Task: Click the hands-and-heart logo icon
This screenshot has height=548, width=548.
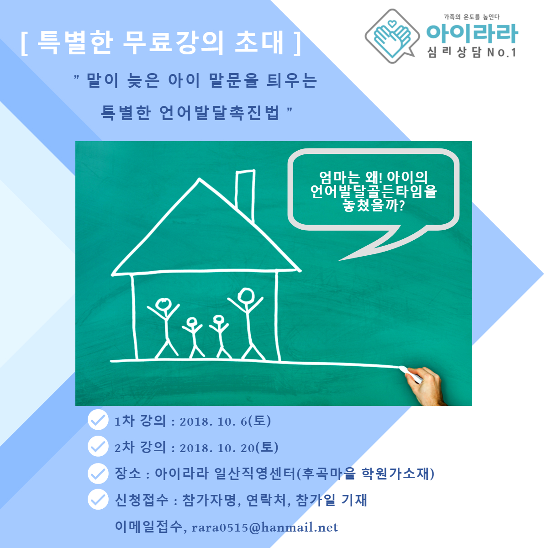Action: pos(392,36)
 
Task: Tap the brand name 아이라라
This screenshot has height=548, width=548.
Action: pos(472,34)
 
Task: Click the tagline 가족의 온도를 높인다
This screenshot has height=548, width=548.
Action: pos(471,17)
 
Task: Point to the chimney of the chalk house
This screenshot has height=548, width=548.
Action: pos(245,195)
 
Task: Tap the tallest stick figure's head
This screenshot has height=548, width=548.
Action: pos(246,296)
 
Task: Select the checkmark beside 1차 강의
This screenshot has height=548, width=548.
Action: pos(98,420)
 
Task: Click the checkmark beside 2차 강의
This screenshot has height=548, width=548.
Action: pos(98,446)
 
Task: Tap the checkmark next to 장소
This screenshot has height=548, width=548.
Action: pos(98,473)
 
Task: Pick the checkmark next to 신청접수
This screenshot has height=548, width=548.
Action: pos(98,500)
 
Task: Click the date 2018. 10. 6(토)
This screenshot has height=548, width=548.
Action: pos(225,421)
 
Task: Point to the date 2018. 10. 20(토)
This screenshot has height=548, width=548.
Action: pos(229,448)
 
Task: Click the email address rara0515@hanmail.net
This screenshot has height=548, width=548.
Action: pos(265,528)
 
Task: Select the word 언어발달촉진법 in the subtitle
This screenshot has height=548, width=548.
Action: pos(219,113)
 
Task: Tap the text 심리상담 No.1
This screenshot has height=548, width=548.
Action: pos(471,53)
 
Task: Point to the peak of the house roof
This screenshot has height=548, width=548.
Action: pos(200,179)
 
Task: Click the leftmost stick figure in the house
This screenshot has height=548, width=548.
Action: pos(163,327)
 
